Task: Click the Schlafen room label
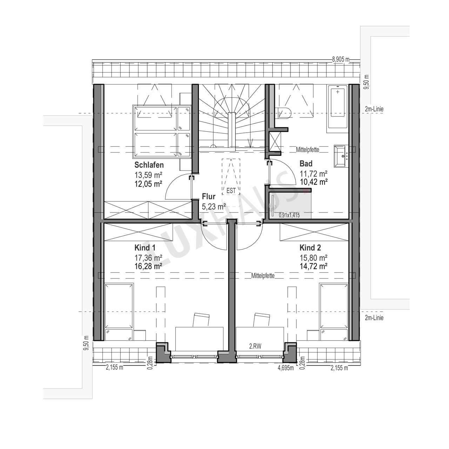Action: click(x=149, y=165)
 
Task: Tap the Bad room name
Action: click(x=306, y=163)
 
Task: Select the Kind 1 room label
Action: click(x=145, y=248)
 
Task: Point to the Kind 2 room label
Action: click(x=310, y=248)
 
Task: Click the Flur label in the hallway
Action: click(x=208, y=196)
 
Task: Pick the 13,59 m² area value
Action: click(x=148, y=175)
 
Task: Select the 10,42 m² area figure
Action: click(x=313, y=182)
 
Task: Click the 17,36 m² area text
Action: click(x=148, y=258)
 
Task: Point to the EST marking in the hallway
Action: click(x=231, y=190)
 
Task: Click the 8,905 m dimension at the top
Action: click(x=341, y=59)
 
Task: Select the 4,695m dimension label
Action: click(x=286, y=368)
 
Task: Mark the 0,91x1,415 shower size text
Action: click(x=289, y=215)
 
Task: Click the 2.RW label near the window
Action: click(x=255, y=347)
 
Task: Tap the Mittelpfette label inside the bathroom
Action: click(x=308, y=149)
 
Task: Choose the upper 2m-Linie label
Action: click(x=374, y=109)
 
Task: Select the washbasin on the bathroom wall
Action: click(x=341, y=156)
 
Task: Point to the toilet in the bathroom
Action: click(x=284, y=113)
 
